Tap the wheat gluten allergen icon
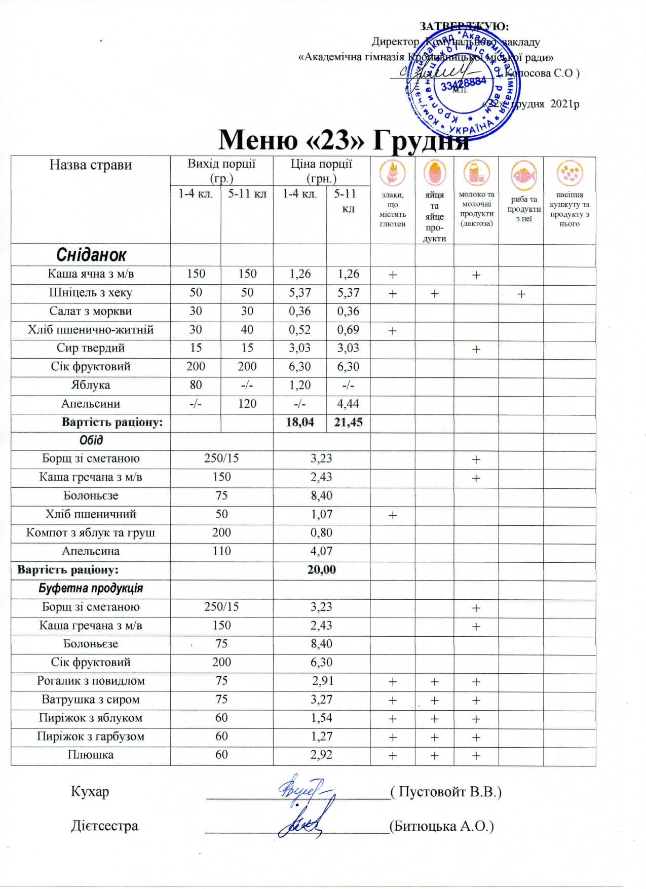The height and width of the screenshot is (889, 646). pyautogui.click(x=393, y=173)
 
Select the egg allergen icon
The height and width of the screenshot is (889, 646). pyautogui.click(x=435, y=173)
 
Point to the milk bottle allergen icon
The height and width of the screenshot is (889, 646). pyautogui.click(x=476, y=173)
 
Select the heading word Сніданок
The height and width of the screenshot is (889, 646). pyautogui.click(x=91, y=255)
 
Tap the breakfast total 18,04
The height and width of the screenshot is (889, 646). pyautogui.click(x=300, y=422)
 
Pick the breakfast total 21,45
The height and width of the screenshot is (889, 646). pyautogui.click(x=348, y=422)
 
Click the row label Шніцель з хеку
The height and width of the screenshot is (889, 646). pyautogui.click(x=91, y=293)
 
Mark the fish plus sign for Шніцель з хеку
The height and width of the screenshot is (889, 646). pyautogui.click(x=521, y=294)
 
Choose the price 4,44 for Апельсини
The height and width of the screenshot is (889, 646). pyautogui.click(x=348, y=404)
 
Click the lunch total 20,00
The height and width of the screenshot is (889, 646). pyautogui.click(x=321, y=570)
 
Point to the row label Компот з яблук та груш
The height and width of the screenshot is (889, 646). pyautogui.click(x=91, y=533)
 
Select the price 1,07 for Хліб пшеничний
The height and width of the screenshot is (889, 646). pyautogui.click(x=321, y=515)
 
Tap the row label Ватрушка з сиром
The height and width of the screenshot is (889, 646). pyautogui.click(x=91, y=700)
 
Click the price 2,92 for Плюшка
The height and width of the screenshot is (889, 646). pyautogui.click(x=321, y=755)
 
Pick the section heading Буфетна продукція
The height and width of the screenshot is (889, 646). pyautogui.click(x=91, y=589)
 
